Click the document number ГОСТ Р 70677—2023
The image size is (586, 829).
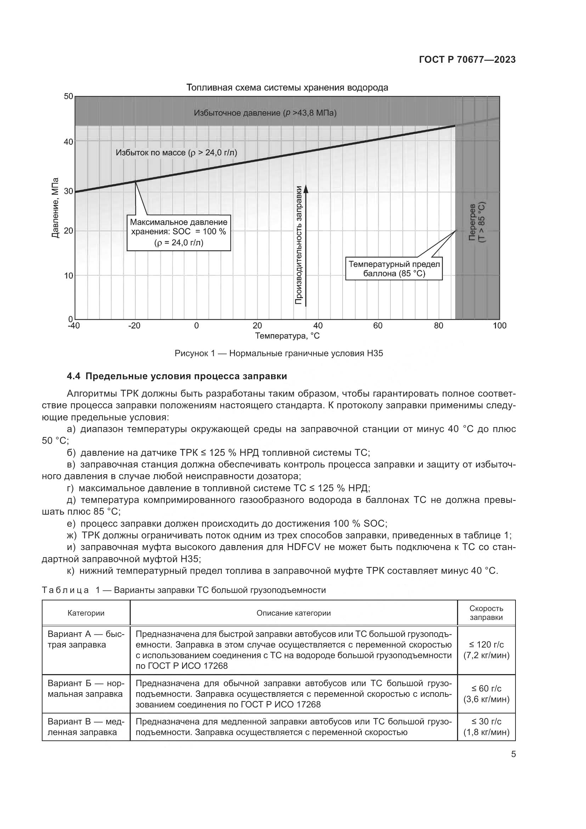point(467,60)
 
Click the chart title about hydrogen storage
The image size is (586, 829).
point(287,88)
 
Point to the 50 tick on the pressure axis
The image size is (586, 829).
point(69,97)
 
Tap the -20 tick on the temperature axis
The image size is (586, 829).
point(134,326)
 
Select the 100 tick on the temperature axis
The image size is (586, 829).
point(500,326)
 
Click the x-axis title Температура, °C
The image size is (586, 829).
point(287,336)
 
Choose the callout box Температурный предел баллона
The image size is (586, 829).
point(394,269)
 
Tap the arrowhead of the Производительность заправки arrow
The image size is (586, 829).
point(306,189)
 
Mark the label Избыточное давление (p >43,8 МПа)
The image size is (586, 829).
point(265,113)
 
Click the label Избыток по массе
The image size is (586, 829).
point(176,153)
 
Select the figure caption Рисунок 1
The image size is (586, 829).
point(278,353)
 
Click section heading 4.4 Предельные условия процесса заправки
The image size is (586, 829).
point(177,377)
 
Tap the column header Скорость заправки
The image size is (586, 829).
point(486,613)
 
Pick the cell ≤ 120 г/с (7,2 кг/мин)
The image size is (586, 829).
point(486,650)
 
